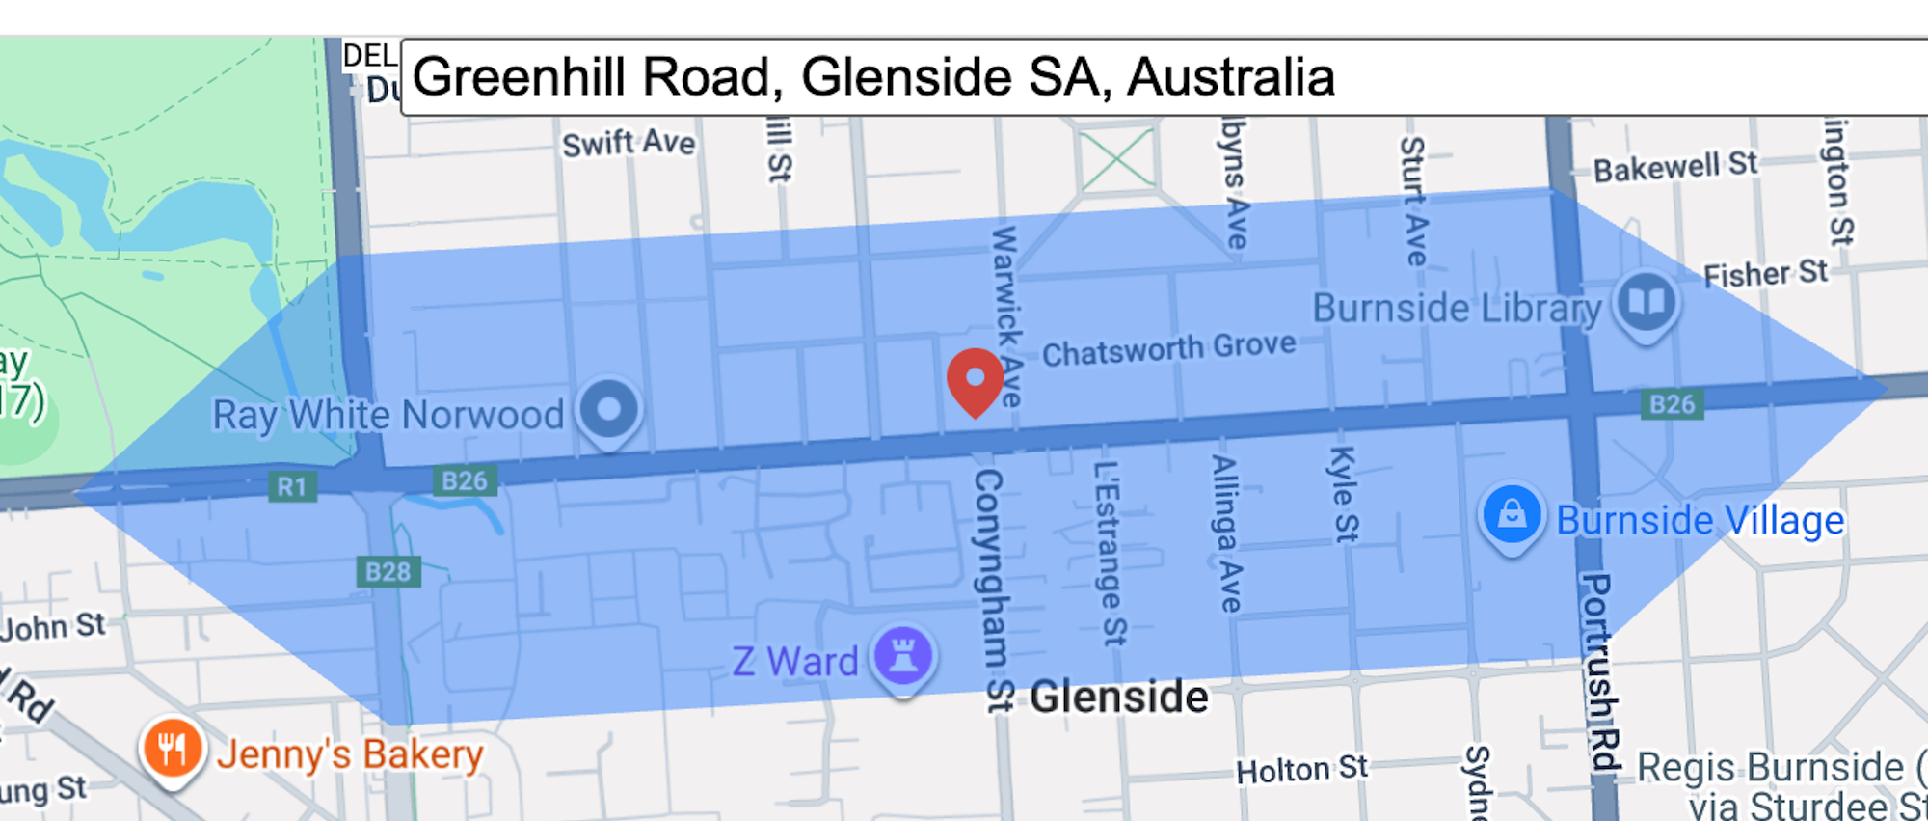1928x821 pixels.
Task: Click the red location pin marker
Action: pos(975,379)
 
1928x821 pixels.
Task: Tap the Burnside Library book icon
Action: pos(1647,302)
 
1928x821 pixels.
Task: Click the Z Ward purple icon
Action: pos(902,657)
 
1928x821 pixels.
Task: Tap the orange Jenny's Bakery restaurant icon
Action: pos(173,749)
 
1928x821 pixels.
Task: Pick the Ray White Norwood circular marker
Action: pos(608,409)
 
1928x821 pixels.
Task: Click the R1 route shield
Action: pos(291,486)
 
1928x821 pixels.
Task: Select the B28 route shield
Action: pos(388,572)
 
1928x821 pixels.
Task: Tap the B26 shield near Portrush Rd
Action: pos(1672,404)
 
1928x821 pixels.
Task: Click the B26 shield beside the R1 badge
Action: pos(464,480)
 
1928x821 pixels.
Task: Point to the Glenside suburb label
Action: pos(1118,697)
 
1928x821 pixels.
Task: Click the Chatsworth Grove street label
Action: pos(1168,349)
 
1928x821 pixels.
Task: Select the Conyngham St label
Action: pos(990,588)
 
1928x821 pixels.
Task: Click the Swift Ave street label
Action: pos(629,144)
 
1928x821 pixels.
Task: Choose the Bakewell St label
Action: pos(1675,168)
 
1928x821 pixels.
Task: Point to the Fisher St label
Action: pos(1765,274)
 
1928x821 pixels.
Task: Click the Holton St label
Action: pos(1301,769)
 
